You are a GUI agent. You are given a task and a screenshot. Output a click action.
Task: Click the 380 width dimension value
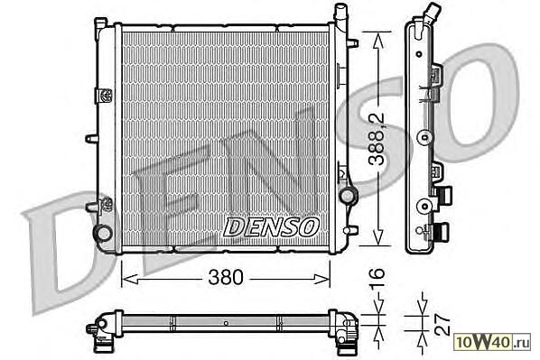(226, 277)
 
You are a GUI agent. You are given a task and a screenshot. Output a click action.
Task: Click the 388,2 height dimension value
(377, 139)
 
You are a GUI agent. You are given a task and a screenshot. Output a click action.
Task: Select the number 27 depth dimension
(442, 324)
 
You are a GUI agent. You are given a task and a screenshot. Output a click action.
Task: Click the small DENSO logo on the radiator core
(271, 226)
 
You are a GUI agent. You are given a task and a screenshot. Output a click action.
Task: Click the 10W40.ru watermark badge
(492, 343)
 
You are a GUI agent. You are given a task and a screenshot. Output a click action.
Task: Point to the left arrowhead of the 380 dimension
(130, 280)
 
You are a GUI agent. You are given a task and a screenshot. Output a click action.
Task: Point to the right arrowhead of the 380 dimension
(321, 280)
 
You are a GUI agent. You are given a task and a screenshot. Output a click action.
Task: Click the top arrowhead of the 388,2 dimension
(377, 41)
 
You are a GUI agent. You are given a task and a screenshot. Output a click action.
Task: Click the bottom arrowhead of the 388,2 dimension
(377, 236)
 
